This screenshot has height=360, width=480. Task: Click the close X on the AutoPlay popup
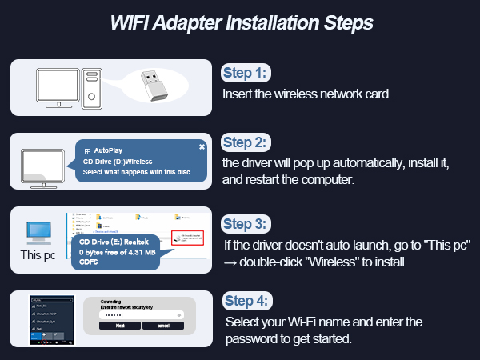click(202, 146)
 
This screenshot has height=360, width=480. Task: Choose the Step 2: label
click(247, 143)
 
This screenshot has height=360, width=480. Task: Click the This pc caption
click(38, 256)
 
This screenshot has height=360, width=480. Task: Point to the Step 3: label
click(247, 223)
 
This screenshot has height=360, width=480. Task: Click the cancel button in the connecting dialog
click(163, 326)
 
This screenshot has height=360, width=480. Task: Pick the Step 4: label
click(247, 302)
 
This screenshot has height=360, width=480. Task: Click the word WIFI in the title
click(131, 22)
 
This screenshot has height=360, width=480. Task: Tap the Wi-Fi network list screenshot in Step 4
click(52, 318)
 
